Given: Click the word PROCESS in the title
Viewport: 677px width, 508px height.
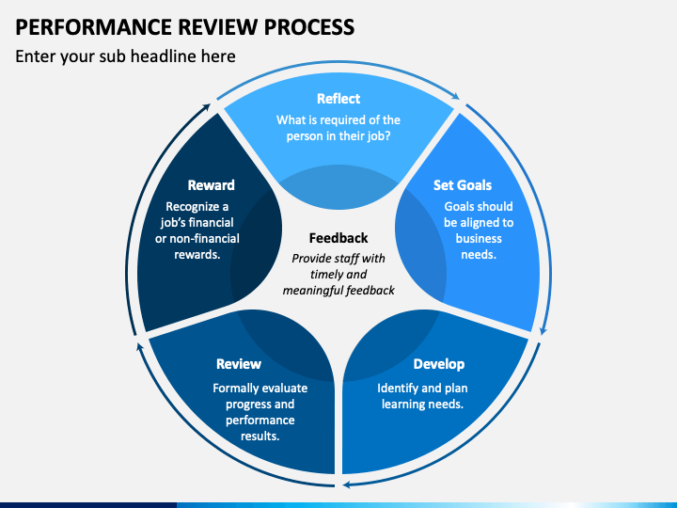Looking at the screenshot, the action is [309, 26].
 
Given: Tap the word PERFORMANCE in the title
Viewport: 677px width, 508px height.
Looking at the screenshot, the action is [94, 26].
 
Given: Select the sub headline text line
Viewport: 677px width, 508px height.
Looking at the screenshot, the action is [125, 56].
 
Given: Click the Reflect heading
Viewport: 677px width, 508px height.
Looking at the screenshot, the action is [338, 99].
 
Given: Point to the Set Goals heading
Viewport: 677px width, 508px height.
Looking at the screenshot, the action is [463, 185].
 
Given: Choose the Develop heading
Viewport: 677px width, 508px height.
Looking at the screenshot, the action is [439, 364].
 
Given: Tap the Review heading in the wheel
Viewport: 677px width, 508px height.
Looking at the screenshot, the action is [239, 364].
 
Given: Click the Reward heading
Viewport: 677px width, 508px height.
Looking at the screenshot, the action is [212, 185].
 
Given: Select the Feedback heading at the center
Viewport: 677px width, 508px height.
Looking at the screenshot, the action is [338, 238].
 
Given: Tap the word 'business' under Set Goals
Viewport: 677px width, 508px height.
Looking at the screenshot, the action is [479, 238].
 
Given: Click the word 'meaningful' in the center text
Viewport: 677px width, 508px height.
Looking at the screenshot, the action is [312, 291].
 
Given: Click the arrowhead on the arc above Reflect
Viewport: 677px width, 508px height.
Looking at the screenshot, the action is [456, 96].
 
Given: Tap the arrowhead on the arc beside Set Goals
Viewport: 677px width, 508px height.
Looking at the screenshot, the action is [543, 330].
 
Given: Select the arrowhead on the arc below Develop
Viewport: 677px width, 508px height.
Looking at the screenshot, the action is [347, 484].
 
